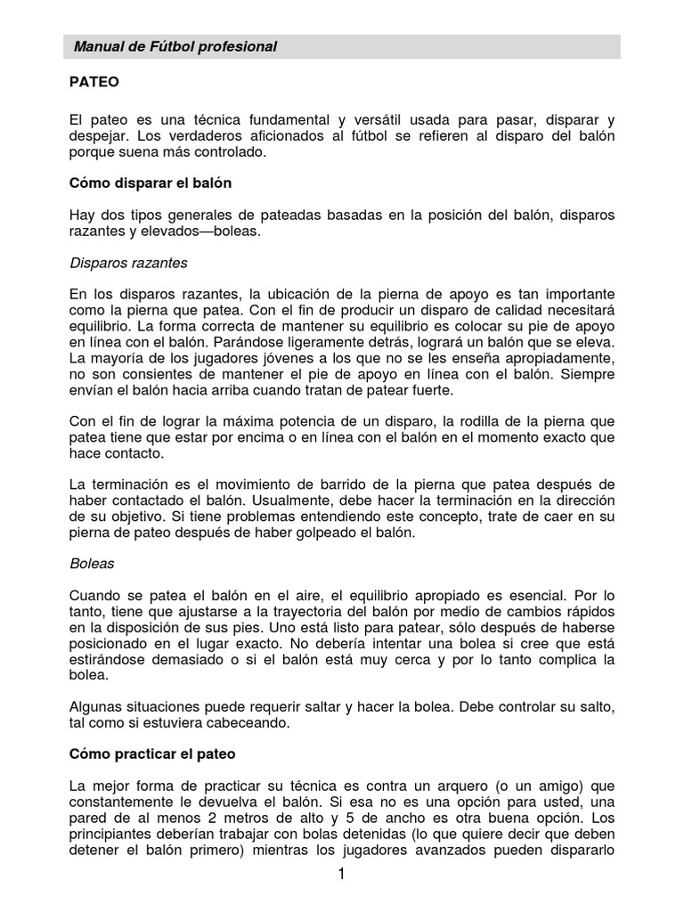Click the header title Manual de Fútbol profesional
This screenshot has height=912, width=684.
pos(175,47)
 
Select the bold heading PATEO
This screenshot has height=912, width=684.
pos(94,82)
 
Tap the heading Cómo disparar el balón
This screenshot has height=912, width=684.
pos(151,183)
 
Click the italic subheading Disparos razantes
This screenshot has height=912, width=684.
pos(128,264)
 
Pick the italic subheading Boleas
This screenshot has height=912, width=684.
pos(92,564)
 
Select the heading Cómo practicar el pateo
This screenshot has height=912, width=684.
pos(152,753)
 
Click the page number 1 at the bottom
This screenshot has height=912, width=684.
pos(341,875)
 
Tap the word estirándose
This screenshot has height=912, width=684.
pos(116,659)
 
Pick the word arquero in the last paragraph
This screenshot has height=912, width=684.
pos(454,786)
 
